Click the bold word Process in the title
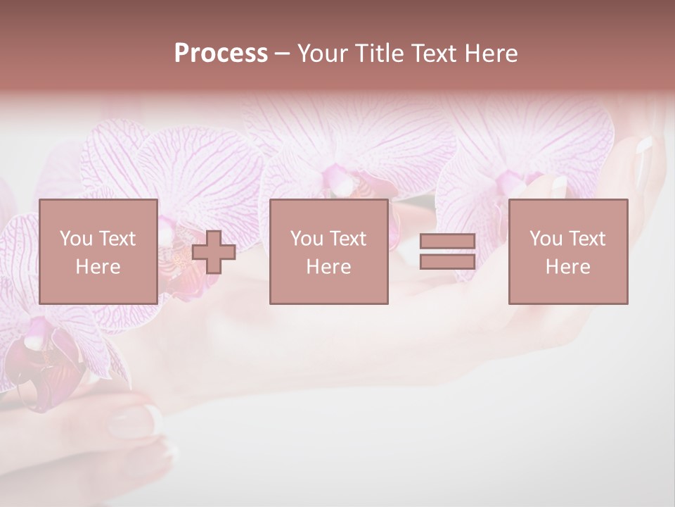[x=221, y=54]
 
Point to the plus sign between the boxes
[x=214, y=252]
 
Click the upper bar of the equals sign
[x=447, y=242]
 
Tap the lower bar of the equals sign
[x=447, y=261]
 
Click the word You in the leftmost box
[x=75, y=239]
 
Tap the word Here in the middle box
[x=328, y=267]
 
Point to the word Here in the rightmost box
[x=567, y=267]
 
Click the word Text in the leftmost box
[x=117, y=239]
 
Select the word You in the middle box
[x=306, y=239]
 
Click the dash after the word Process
[x=283, y=54]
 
